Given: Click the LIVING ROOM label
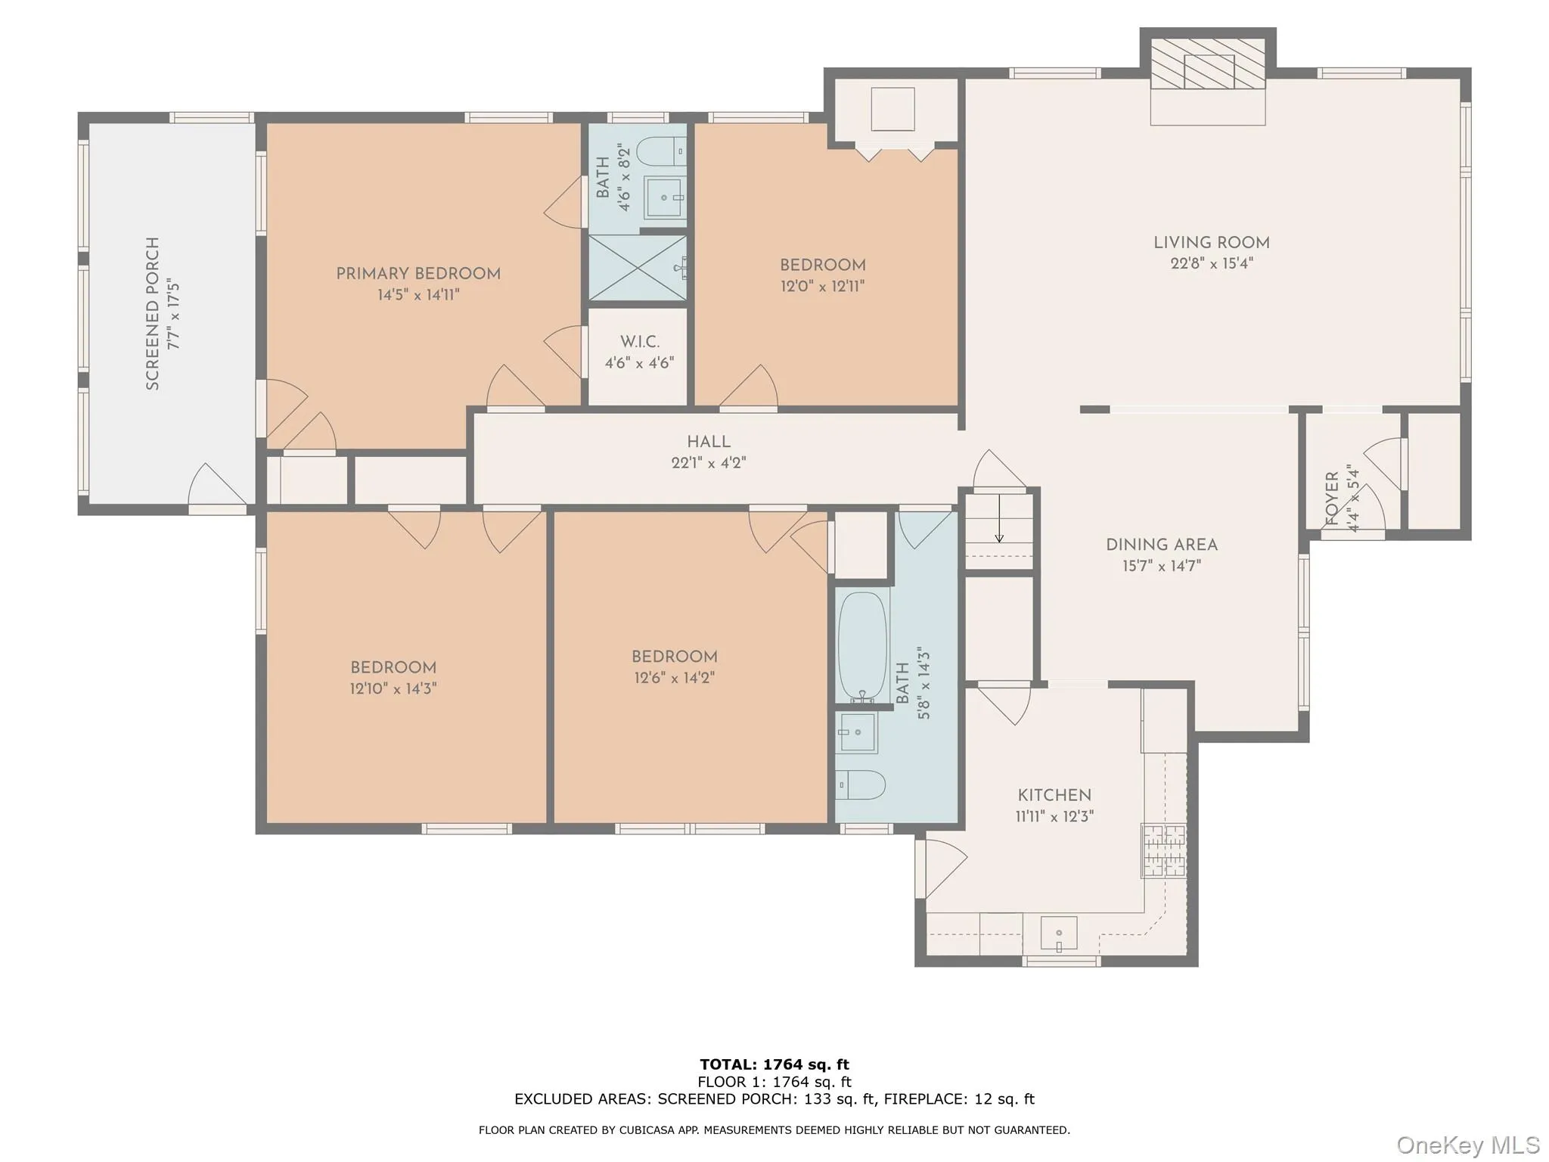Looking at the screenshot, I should coord(1211,243).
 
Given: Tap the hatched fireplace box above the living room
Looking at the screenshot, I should coord(1208,63).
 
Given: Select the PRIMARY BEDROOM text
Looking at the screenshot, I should coord(418,274).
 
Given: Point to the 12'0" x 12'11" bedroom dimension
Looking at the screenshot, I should coord(822,287).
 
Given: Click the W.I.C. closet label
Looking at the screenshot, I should coord(639,342).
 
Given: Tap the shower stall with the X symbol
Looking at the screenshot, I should coord(637,268).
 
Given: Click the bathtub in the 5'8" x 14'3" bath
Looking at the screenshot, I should coord(861,647).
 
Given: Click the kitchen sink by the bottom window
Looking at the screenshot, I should coord(1058,934).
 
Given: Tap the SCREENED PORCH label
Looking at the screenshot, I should coord(153,313).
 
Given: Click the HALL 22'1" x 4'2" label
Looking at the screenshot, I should coord(708,452).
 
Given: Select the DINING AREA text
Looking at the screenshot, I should coord(1161,545).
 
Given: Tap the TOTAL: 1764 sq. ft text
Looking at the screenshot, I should coord(774,1065).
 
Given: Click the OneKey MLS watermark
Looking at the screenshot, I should coord(1467,1145).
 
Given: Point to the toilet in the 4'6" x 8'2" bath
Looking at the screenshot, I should coord(660,151).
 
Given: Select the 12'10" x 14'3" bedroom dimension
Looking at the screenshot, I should coord(393,689).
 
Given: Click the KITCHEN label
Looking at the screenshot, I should coord(1054,795).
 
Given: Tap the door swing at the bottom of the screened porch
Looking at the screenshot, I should coord(217,484).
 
